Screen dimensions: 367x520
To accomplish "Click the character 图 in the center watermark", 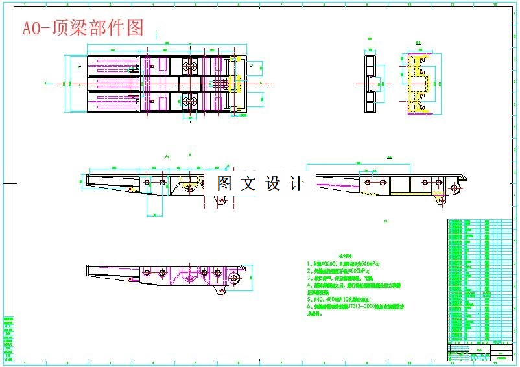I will (225, 184).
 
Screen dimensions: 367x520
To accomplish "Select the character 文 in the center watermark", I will (248, 184).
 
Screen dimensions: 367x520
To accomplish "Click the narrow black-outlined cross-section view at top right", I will (370, 84).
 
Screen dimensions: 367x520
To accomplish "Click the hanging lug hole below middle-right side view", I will (442, 201).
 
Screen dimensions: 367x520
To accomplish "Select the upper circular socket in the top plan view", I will (190, 67).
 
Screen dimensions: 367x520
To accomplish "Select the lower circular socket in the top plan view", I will (190, 100).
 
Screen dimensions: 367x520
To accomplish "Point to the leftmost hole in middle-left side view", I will (147, 183).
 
